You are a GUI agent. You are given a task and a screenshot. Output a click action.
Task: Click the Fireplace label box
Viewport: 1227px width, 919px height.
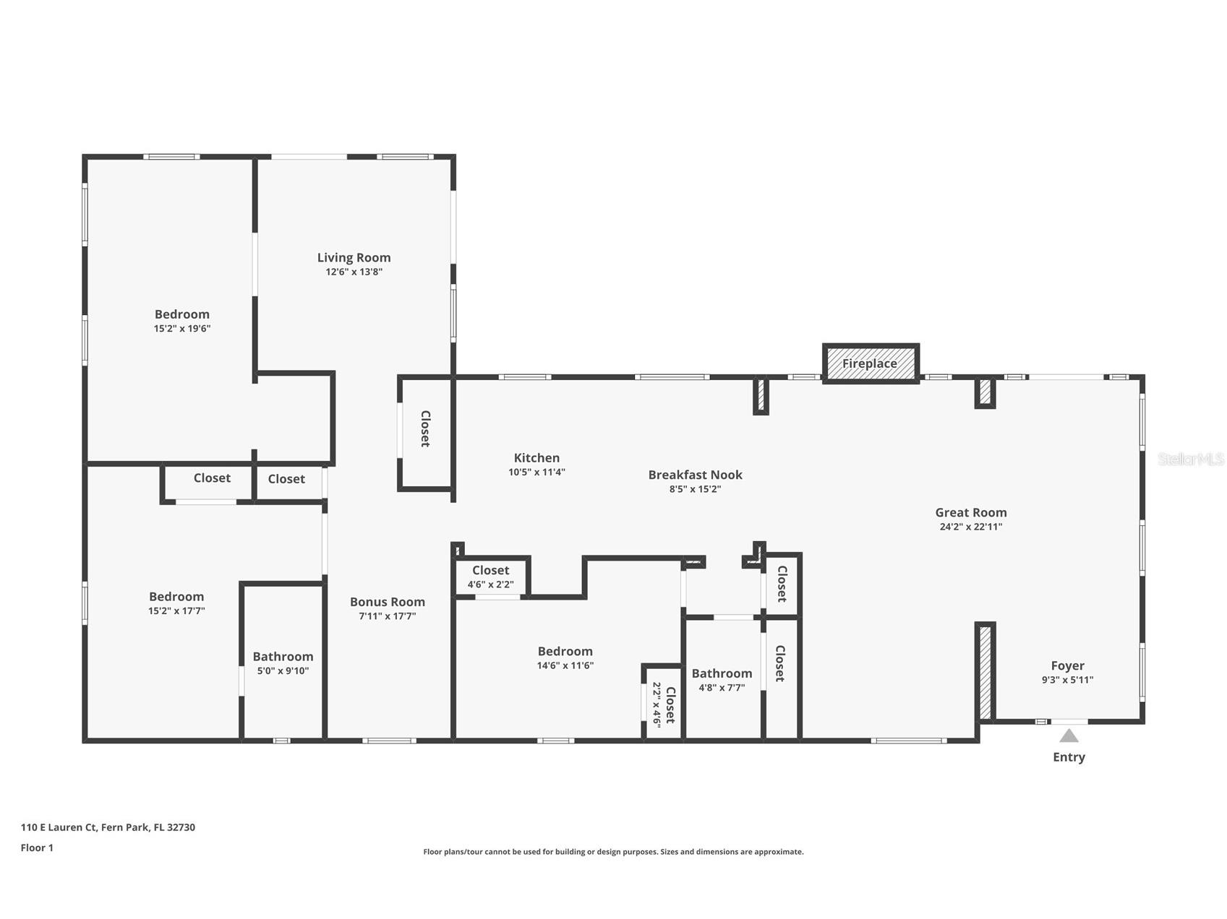870,363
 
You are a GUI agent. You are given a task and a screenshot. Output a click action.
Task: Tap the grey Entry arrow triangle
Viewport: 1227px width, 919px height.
1069,735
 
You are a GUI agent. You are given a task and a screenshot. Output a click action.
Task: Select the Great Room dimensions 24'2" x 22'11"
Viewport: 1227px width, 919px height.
970,527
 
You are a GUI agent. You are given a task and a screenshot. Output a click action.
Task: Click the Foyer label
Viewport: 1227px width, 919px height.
1067,665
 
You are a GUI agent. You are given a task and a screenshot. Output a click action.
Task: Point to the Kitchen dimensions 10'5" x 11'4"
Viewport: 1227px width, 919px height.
536,472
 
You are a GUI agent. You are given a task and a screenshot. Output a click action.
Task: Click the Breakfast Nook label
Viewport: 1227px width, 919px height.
695,475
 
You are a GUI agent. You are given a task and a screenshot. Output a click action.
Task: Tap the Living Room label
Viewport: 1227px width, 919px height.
354,257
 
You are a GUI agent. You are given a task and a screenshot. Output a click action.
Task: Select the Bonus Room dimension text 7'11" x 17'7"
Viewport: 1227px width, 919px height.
388,616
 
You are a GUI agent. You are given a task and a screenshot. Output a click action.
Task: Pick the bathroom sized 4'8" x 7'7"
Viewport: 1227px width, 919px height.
722,680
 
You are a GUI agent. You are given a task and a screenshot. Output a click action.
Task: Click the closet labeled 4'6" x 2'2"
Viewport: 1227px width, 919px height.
490,577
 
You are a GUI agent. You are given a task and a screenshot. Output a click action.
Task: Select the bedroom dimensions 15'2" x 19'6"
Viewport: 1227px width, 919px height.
182,328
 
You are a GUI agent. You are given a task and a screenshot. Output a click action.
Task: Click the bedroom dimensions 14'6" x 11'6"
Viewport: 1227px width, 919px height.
565,665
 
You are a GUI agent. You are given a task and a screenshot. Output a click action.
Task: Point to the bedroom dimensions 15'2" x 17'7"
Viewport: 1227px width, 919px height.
176,610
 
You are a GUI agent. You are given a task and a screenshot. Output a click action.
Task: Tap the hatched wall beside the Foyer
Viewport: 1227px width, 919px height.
985,672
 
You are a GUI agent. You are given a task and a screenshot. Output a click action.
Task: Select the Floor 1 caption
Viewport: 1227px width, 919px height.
37,847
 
